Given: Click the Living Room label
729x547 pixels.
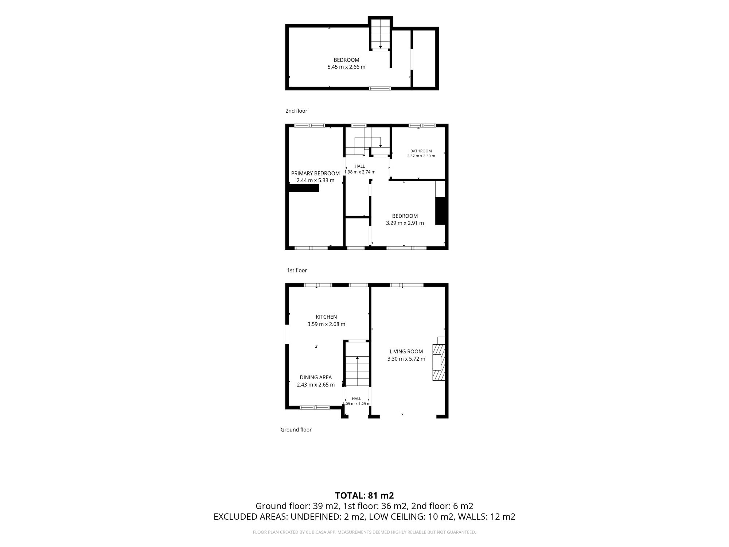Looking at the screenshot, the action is click(x=406, y=352).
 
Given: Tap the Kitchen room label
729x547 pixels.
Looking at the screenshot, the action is click(x=326, y=317).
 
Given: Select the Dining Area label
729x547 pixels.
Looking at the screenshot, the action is click(x=316, y=377).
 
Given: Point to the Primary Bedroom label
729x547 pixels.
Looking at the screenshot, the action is click(x=315, y=174).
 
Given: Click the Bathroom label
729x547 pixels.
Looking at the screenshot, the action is click(x=421, y=151).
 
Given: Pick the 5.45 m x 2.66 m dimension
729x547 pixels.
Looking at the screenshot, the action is click(x=346, y=67).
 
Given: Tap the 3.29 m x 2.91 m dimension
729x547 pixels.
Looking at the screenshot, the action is click(x=405, y=223).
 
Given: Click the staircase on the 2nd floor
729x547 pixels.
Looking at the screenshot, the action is click(x=381, y=34).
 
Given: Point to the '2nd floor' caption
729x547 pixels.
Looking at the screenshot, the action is click(x=296, y=111).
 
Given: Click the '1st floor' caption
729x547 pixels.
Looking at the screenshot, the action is click(x=297, y=270).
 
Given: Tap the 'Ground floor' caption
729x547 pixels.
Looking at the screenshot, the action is click(x=296, y=430).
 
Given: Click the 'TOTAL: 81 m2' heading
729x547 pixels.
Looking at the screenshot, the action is click(x=364, y=496).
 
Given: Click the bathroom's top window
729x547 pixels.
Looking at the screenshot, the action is click(x=422, y=126).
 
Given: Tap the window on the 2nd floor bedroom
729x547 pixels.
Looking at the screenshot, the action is click(x=380, y=88).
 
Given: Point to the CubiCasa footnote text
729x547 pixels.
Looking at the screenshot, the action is click(x=364, y=532).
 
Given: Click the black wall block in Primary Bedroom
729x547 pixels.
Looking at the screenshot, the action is click(x=303, y=188).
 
